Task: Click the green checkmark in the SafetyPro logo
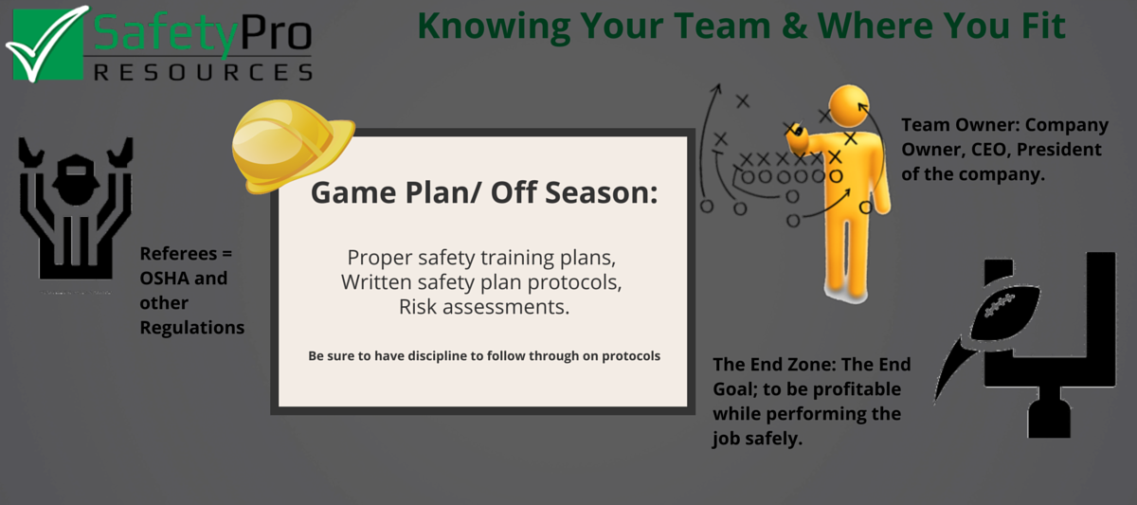45,43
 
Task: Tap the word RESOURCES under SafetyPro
198,72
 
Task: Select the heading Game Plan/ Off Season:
483,193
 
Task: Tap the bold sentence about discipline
483,356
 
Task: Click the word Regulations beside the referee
192,328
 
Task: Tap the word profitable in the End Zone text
860,389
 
